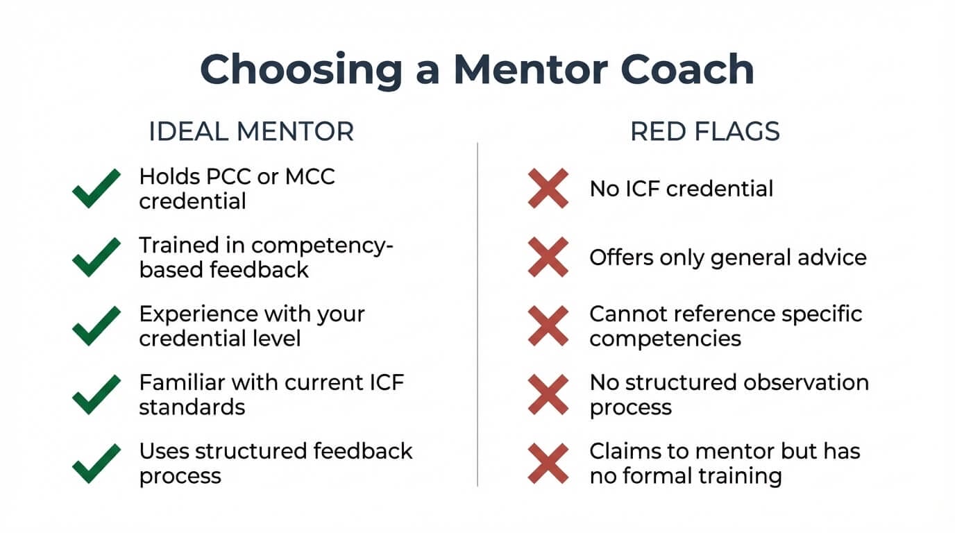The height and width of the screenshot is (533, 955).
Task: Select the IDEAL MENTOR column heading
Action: point(251,132)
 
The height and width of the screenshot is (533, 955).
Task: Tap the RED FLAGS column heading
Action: point(704,132)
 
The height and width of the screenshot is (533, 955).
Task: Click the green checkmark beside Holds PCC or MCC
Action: point(96,188)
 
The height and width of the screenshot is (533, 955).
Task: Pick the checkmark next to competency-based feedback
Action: point(96,257)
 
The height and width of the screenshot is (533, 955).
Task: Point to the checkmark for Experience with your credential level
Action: point(96,325)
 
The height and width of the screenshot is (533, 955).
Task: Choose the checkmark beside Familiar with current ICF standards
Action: point(96,394)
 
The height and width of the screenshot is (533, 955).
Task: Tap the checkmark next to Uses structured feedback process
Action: point(96,463)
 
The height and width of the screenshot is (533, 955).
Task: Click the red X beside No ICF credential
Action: point(548,188)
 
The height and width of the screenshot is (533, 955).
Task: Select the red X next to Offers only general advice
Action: point(548,257)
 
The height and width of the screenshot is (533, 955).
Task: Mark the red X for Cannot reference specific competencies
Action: point(548,325)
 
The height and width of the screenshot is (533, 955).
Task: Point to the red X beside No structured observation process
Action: point(548,394)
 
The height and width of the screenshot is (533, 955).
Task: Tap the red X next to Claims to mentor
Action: point(548,463)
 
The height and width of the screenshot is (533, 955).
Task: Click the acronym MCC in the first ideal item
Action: point(308,176)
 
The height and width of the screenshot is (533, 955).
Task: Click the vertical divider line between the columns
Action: point(477,312)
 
